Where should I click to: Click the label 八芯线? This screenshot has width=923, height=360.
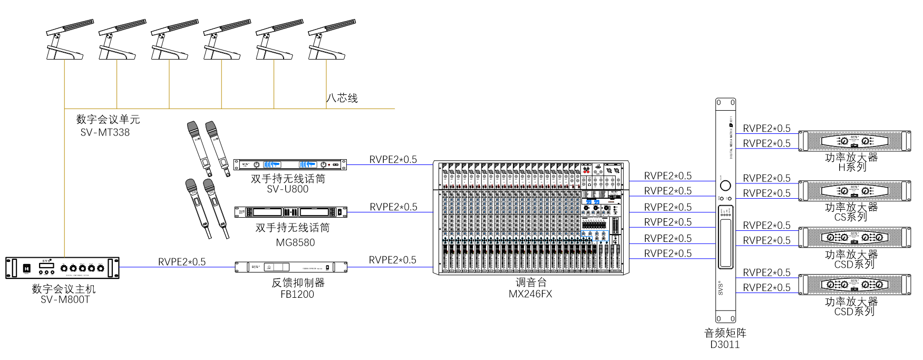[342, 98]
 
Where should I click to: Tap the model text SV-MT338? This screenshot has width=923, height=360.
[105, 132]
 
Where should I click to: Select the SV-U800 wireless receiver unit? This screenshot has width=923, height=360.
[290, 164]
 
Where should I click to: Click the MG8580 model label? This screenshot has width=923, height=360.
[295, 242]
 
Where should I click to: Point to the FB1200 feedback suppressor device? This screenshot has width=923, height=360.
[291, 267]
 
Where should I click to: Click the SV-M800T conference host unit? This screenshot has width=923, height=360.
[62, 268]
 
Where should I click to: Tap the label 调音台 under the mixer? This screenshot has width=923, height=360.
[531, 283]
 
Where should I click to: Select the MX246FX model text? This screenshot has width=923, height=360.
[530, 294]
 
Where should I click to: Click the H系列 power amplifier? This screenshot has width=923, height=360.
[854, 141]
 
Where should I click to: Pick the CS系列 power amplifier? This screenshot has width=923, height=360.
[854, 191]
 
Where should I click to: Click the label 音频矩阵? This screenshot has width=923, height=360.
[725, 333]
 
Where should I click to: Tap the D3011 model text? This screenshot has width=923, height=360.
[725, 345]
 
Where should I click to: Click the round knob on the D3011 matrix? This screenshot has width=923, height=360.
[725, 186]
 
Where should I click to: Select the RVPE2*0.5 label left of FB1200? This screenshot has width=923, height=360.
[182, 262]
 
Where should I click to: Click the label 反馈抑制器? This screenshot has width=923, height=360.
[298, 283]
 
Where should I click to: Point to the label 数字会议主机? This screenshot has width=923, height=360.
[64, 289]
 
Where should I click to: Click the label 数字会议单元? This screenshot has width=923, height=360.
[108, 120]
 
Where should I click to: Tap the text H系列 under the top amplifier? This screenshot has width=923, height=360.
[852, 167]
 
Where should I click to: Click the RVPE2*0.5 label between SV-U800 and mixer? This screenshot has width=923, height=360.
[393, 160]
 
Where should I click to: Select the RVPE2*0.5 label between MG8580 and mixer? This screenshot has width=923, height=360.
[393, 207]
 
